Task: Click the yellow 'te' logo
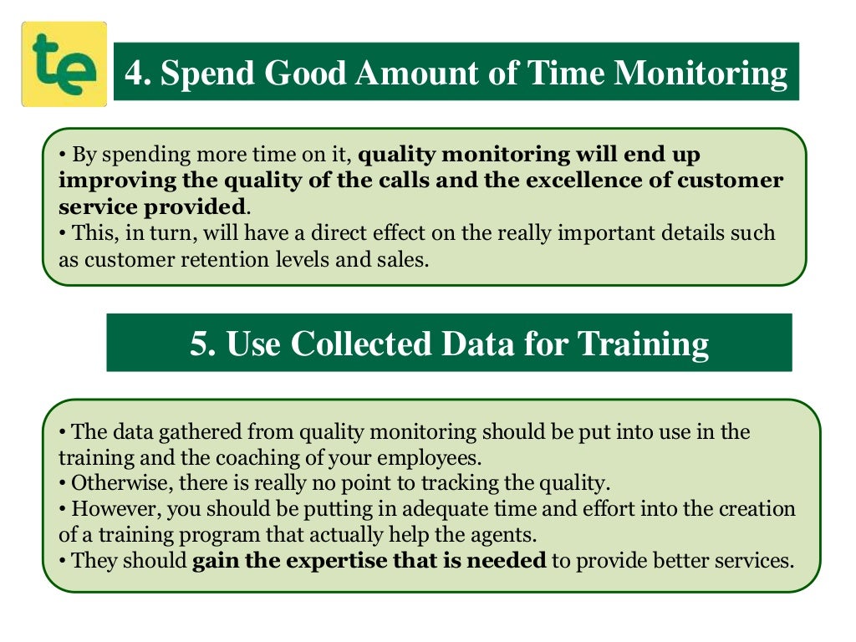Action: pos(64,64)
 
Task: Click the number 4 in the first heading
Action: pos(135,74)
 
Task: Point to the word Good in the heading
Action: pos(304,74)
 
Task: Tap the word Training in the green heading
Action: pos(644,344)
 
